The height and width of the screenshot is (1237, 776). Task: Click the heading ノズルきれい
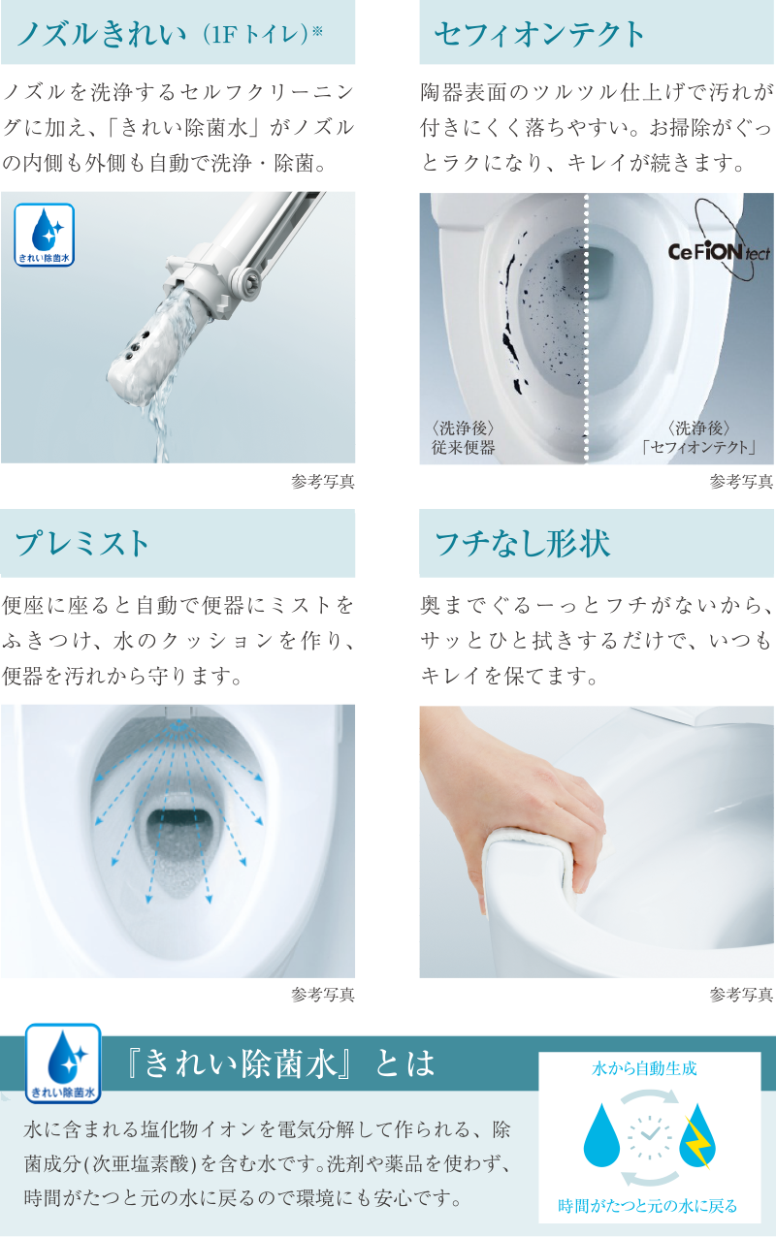[x=102, y=36]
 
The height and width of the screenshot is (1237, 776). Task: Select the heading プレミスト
[x=83, y=543]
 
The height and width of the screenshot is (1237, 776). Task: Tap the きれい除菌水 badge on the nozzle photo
[x=45, y=235]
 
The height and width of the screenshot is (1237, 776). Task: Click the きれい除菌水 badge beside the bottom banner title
[x=64, y=1064]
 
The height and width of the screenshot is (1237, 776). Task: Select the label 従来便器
[x=464, y=448]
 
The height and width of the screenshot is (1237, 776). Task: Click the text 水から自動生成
[x=644, y=1069]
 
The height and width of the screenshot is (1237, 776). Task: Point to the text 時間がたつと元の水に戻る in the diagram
[x=648, y=1206]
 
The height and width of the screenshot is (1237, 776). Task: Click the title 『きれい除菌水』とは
[x=281, y=1064]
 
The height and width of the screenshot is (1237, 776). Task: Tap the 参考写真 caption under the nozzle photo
[x=322, y=482]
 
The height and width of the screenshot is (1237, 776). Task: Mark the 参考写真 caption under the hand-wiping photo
[x=740, y=995]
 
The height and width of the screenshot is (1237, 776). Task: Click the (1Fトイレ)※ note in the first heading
[x=262, y=37]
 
